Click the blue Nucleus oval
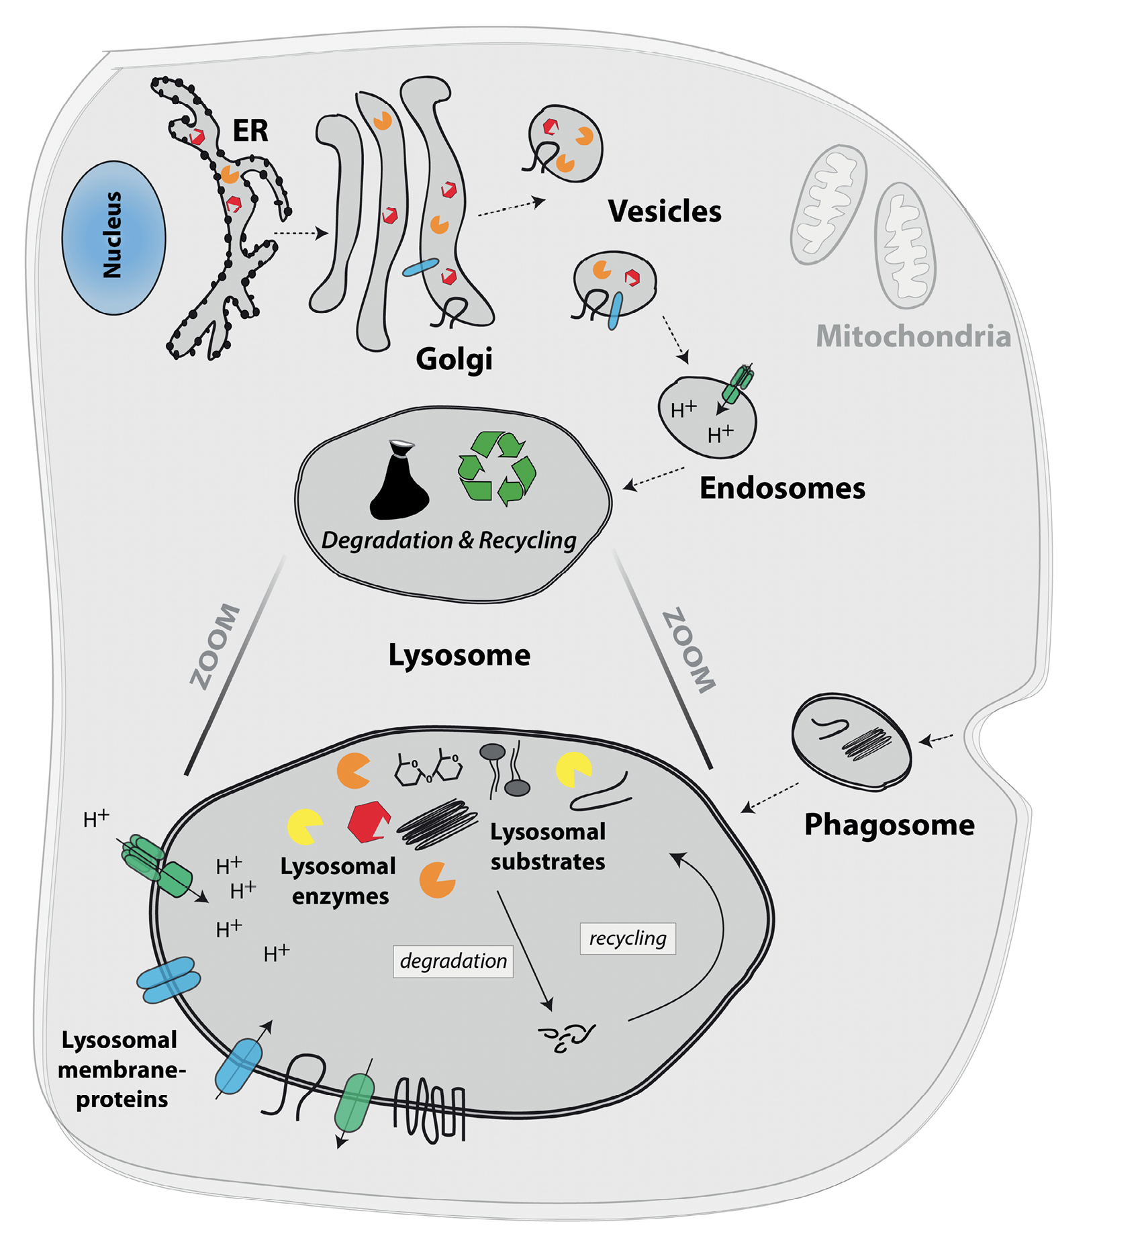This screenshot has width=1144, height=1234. (x=113, y=237)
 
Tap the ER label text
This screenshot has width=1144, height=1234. (x=250, y=130)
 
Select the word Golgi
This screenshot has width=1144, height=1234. (x=454, y=359)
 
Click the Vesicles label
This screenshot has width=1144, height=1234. (x=664, y=211)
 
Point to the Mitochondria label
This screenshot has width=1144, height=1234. (x=912, y=336)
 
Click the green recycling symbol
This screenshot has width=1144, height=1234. (x=497, y=468)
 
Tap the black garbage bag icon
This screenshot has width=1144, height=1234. (x=399, y=481)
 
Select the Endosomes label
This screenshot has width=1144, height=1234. (x=781, y=488)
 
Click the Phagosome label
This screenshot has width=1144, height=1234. (x=889, y=824)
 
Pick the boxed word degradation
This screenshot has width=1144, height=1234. (x=453, y=961)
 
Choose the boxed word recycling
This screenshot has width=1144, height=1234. (x=627, y=938)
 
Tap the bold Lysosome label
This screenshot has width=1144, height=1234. (x=459, y=655)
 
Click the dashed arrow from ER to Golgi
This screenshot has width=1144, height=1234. (x=300, y=234)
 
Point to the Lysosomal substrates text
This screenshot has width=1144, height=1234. (x=547, y=847)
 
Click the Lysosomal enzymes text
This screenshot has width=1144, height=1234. (x=338, y=881)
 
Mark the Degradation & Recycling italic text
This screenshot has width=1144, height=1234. (x=448, y=540)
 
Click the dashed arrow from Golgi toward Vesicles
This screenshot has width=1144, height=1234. (x=510, y=207)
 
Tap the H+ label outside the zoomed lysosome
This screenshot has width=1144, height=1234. (x=96, y=819)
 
